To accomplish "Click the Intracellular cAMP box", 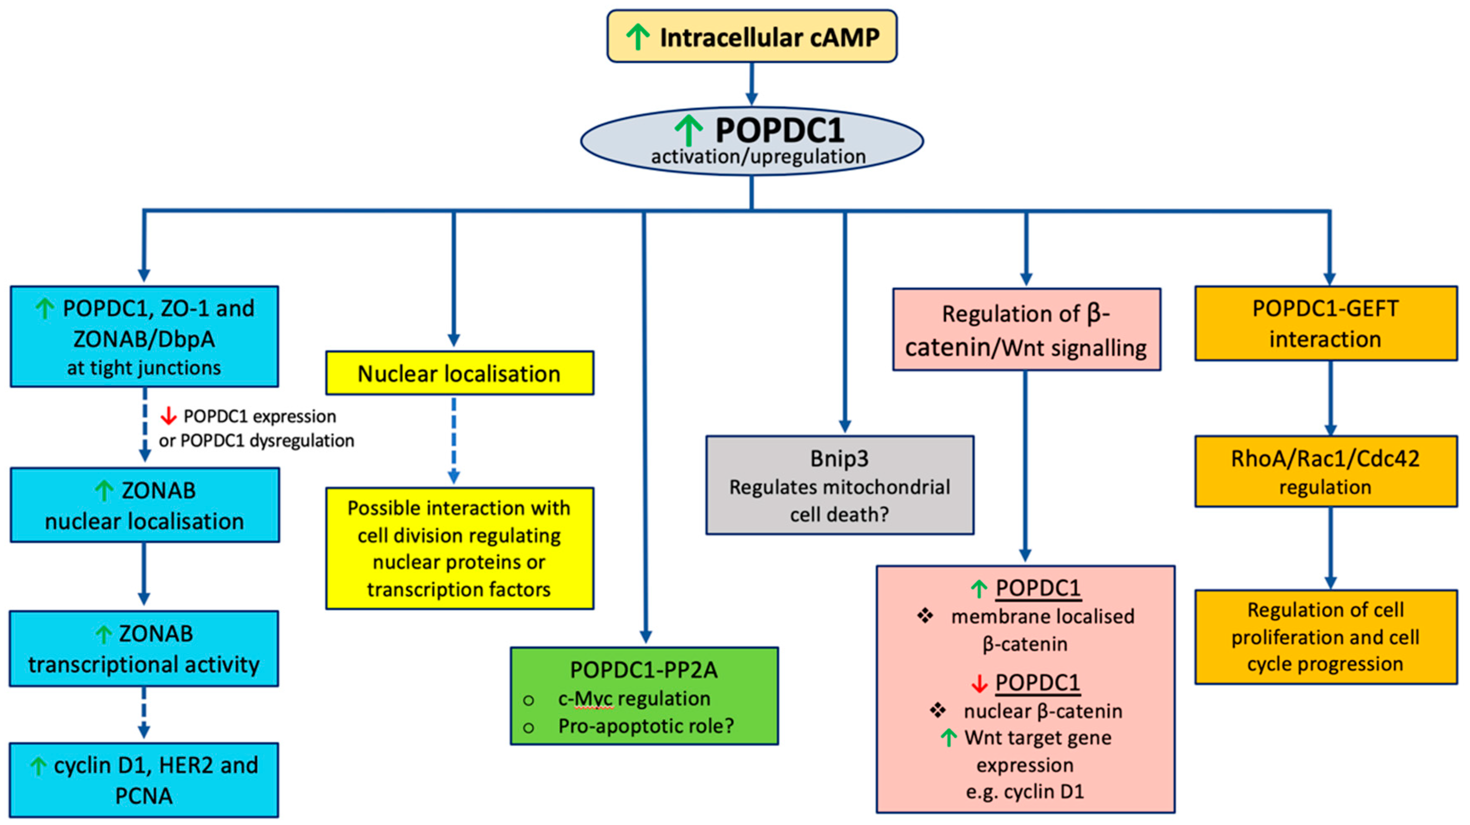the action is [x=751, y=36].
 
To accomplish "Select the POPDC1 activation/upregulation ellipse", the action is [x=751, y=141].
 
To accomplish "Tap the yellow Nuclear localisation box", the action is [x=460, y=373].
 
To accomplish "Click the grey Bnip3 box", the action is [x=839, y=485].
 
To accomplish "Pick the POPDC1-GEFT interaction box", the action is [x=1326, y=323].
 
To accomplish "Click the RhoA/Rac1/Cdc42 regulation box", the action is [x=1326, y=472].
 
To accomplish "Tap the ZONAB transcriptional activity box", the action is [x=144, y=648].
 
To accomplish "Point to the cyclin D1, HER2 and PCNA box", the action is [x=144, y=780].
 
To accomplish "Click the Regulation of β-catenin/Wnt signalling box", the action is [x=1027, y=329].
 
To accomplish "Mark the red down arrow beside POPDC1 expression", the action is [x=168, y=416].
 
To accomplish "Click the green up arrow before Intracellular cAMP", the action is [x=638, y=37].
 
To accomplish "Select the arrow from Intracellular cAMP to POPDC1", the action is [x=751, y=84].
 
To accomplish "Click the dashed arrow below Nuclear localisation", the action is [x=454, y=439].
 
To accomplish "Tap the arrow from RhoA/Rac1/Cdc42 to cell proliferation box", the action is [x=1331, y=548].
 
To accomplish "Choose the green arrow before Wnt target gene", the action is [x=948, y=738].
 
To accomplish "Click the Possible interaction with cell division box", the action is [x=460, y=548].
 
